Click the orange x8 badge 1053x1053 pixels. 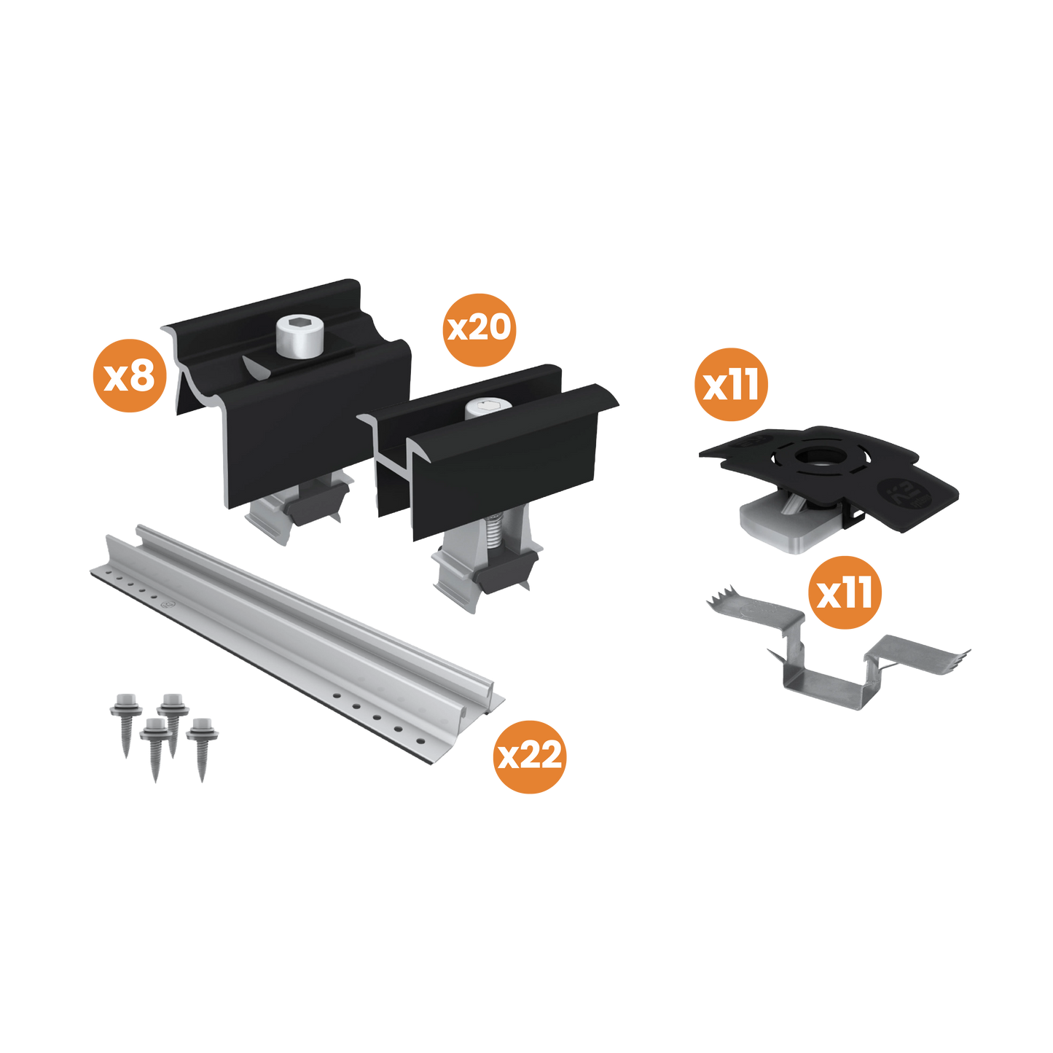coord(129,376)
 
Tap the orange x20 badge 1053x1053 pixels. coord(479,329)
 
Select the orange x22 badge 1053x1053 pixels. coord(530,756)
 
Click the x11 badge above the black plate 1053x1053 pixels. coord(731,384)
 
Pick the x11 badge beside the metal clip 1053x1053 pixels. coord(845,593)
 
